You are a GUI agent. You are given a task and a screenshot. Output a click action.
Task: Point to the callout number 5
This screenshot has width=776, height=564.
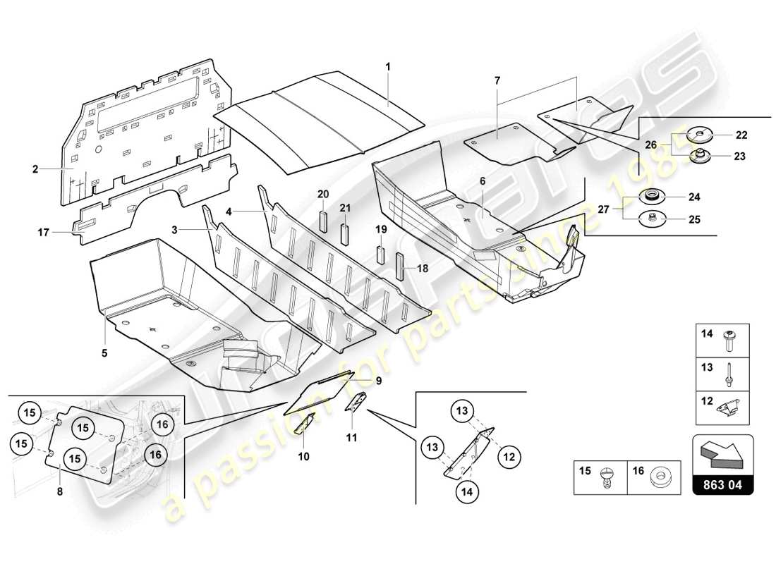[x=104, y=353]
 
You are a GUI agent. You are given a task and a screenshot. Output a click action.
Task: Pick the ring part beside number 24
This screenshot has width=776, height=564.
[x=651, y=197]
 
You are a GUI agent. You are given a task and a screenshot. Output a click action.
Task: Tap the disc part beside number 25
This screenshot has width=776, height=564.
[x=652, y=220]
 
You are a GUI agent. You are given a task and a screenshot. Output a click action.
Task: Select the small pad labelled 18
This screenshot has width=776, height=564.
[x=399, y=266]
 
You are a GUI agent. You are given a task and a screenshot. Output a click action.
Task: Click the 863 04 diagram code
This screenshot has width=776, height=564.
[x=724, y=484]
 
